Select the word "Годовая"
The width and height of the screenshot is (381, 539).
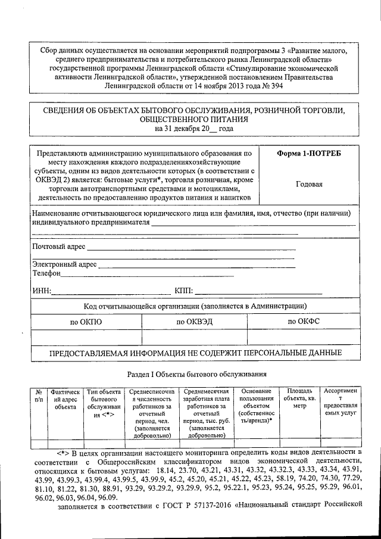click(309, 184)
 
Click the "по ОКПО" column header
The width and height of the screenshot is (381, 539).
click(86, 322)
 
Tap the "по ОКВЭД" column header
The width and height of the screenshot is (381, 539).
click(196, 322)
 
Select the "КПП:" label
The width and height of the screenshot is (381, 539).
click(183, 291)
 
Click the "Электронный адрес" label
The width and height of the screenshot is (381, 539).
click(65, 264)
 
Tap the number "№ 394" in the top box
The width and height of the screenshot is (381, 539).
click(272, 86)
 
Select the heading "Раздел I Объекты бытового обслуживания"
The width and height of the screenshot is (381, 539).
click(197, 374)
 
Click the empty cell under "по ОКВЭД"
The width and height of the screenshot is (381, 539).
click(196, 338)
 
